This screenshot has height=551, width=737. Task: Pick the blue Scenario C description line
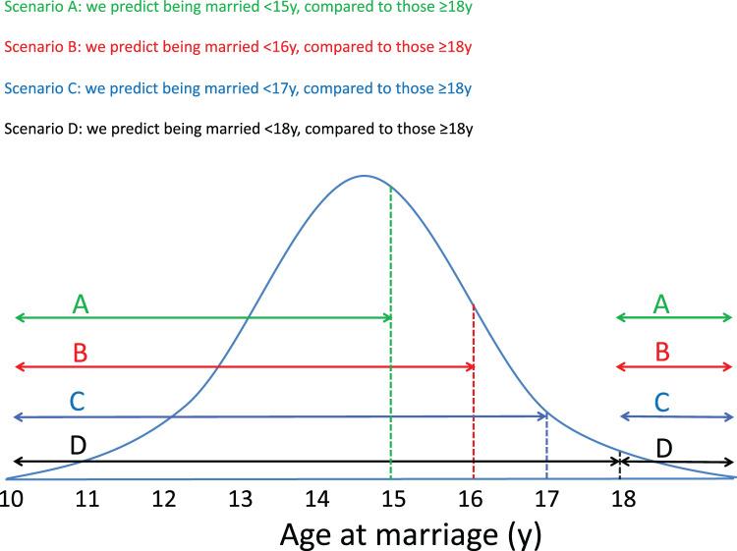[236, 88]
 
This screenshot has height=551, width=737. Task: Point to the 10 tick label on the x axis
[12, 499]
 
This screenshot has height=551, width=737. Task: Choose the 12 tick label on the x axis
[164, 499]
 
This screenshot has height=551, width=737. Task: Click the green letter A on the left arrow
[81, 305]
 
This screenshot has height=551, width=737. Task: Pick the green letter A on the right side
[661, 305]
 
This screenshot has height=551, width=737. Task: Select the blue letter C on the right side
[661, 401]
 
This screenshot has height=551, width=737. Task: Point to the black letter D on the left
[79, 445]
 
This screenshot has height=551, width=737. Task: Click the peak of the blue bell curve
[364, 176]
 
